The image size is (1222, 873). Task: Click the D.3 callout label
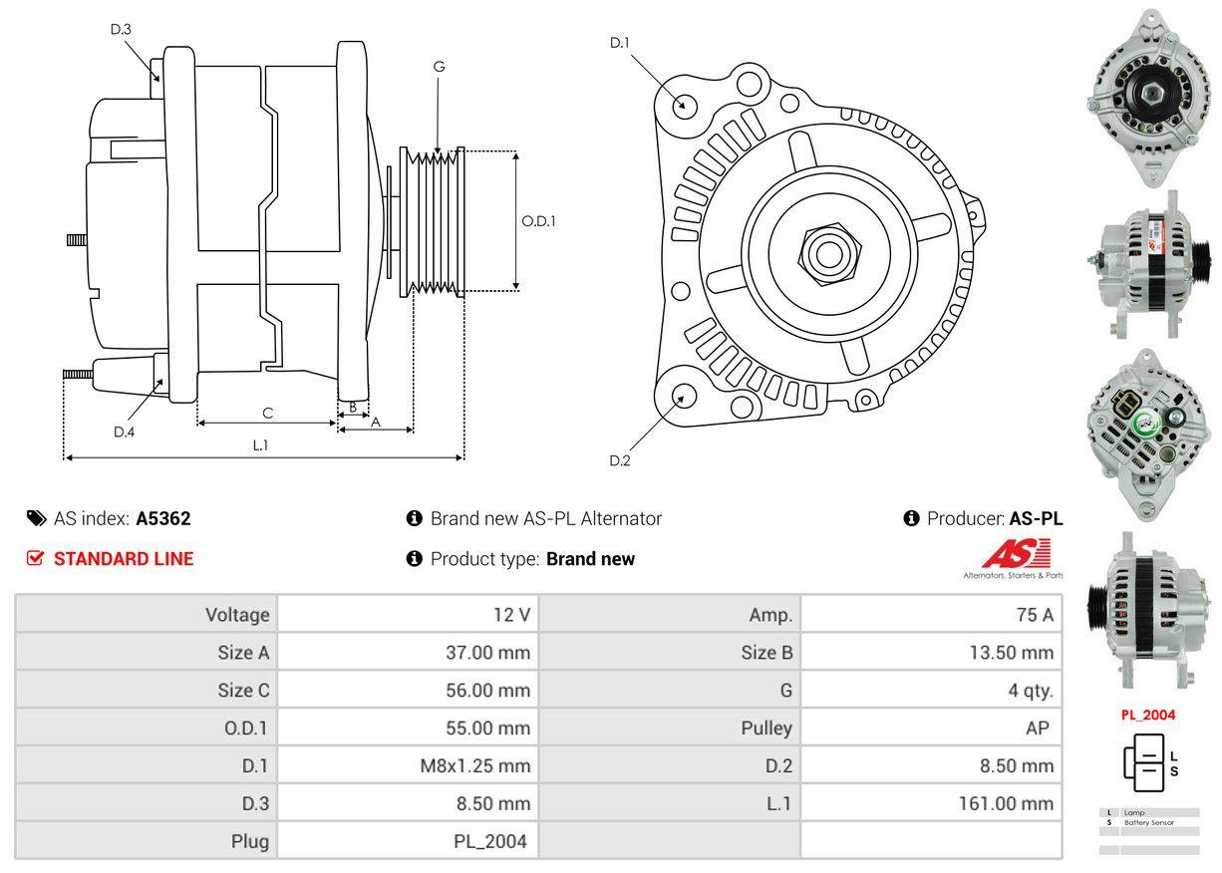tap(121, 30)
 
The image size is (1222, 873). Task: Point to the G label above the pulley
tap(439, 67)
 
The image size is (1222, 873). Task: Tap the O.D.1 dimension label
tap(539, 221)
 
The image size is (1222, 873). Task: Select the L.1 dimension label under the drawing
tap(260, 445)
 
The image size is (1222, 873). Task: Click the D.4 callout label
tap(124, 432)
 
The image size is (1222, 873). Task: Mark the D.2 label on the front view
tap(620, 460)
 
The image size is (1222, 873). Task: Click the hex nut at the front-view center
tap(824, 252)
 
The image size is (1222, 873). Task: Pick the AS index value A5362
tap(163, 518)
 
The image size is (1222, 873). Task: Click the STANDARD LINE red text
tap(124, 559)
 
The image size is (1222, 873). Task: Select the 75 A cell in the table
tap(1034, 615)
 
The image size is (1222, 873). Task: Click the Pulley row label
tap(766, 727)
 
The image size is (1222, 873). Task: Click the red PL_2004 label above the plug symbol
tap(1148, 715)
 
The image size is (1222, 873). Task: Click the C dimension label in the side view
tap(267, 413)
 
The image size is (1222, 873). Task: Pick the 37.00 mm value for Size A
tap(487, 653)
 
